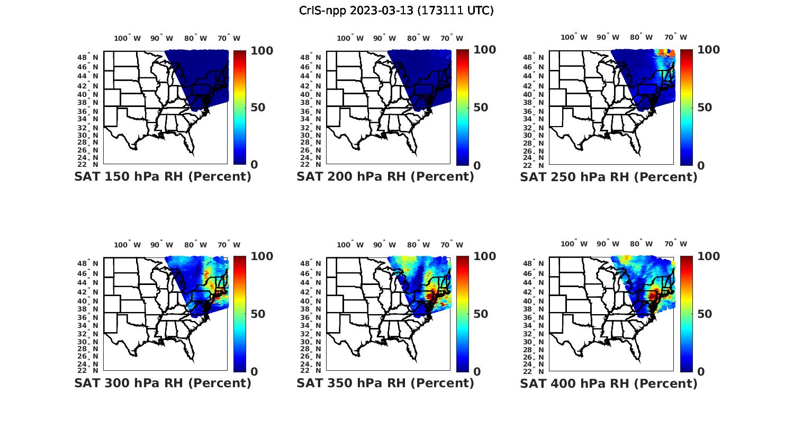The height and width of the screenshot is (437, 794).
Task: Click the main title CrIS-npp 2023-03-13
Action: (396, 10)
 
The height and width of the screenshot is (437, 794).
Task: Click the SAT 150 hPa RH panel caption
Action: (163, 177)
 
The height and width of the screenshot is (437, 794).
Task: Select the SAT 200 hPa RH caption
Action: (385, 177)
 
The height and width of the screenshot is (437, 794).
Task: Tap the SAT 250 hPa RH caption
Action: (609, 177)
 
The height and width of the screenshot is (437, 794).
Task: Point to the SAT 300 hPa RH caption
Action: (163, 383)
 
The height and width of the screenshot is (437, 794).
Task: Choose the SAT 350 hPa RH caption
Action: (385, 383)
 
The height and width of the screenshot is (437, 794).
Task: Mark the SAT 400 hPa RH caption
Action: (609, 383)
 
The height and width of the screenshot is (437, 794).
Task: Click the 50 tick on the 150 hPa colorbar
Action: (258, 108)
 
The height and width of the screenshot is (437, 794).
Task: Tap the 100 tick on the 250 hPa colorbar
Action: (708, 50)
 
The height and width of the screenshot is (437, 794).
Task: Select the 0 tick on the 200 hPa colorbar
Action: (477, 165)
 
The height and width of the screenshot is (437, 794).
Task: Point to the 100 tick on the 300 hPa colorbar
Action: (261, 256)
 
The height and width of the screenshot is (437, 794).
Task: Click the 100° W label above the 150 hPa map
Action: (128, 38)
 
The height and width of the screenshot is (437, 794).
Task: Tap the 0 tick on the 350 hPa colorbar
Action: (477, 372)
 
